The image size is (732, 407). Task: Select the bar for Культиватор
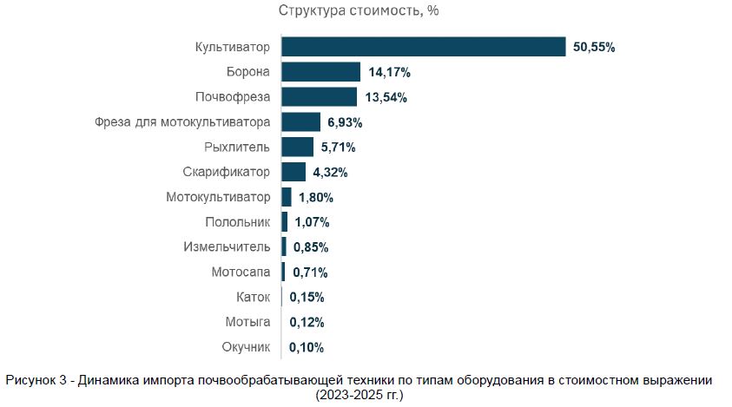[x=424, y=47]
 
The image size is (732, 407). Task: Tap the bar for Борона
[x=320, y=72]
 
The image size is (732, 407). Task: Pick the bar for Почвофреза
[x=319, y=96]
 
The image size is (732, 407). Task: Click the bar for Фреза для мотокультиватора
[x=301, y=121]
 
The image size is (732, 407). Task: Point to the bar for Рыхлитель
[x=297, y=147]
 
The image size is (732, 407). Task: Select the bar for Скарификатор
[x=293, y=172]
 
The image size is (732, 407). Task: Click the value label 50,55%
[x=594, y=47]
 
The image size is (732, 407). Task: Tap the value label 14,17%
[x=389, y=72]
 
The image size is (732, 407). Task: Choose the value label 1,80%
[x=316, y=197]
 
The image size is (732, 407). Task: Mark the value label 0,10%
[x=307, y=348]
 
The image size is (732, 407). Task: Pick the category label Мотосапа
[x=241, y=272]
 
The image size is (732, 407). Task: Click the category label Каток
[x=253, y=298]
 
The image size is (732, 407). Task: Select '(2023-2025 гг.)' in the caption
[x=360, y=395]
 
